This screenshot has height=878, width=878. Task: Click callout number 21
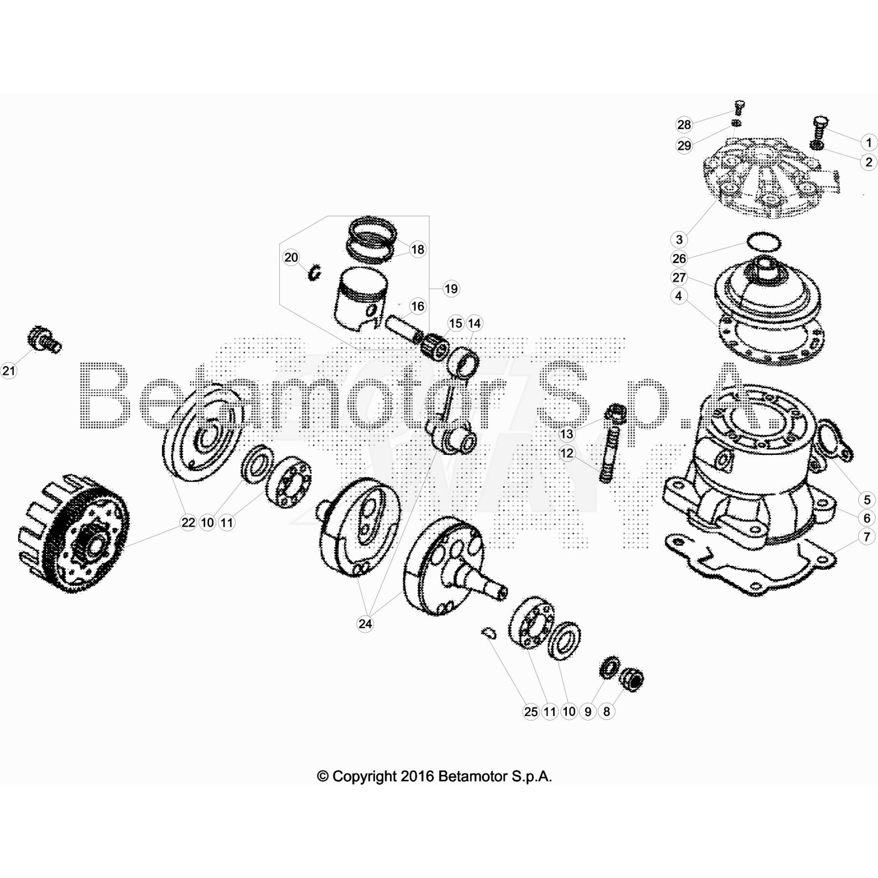(x=9, y=371)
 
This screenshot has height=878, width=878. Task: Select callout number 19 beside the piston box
(x=451, y=289)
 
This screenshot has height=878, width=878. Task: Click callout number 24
(x=365, y=624)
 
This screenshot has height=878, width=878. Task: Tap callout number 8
(x=606, y=712)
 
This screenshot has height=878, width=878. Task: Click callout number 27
(x=679, y=277)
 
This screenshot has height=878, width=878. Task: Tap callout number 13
(x=566, y=434)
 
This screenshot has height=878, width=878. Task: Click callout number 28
(x=684, y=125)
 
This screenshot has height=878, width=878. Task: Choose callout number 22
(x=188, y=522)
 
